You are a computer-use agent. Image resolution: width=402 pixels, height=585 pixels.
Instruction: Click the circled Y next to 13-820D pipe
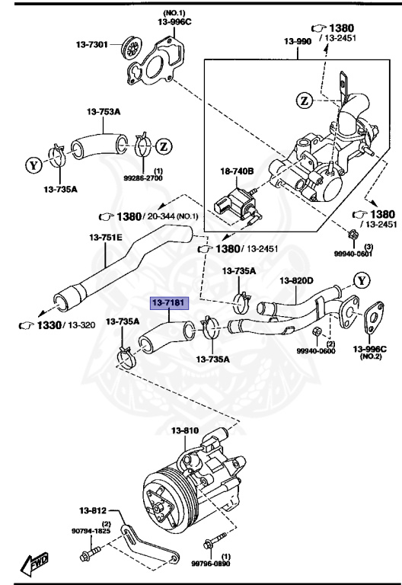pos(362,280)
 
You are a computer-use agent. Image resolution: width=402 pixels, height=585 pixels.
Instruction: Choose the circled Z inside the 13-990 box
pos(304,100)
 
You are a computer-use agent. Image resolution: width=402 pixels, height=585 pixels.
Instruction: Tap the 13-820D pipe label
pos(296,280)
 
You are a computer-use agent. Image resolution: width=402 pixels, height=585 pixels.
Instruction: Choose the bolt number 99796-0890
pos(208,564)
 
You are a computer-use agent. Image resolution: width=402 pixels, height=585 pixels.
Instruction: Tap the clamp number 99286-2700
pos(148,177)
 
